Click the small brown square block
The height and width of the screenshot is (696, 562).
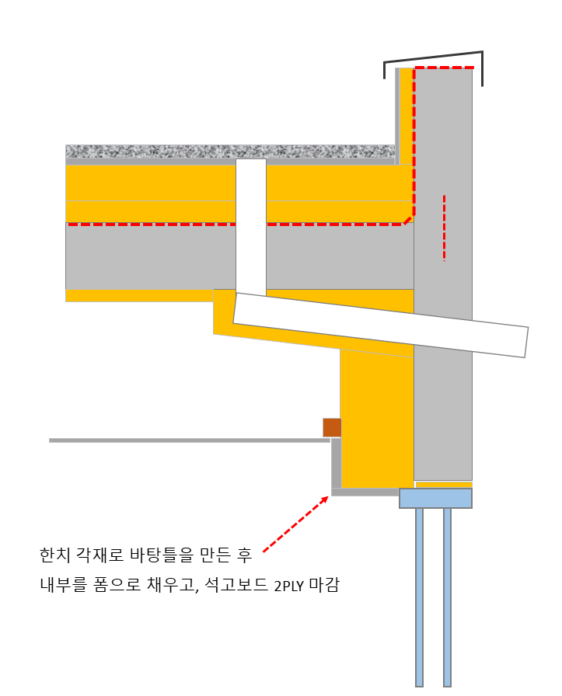(x=332, y=427)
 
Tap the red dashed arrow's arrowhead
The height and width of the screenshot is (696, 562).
(x=323, y=499)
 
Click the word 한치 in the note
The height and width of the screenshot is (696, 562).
(x=55, y=555)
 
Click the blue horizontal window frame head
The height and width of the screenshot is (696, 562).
(x=435, y=498)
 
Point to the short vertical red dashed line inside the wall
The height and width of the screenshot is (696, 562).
(x=444, y=227)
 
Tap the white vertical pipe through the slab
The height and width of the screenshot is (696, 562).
(x=251, y=225)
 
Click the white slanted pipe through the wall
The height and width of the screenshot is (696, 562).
(x=380, y=324)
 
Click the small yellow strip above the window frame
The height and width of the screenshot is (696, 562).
(x=443, y=485)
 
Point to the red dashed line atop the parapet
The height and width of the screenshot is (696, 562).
(x=443, y=68)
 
